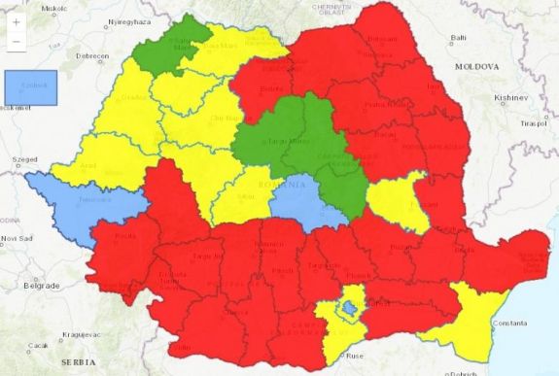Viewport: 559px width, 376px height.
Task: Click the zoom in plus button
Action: [x=16, y=21]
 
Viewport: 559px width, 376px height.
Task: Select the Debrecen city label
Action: [x=93, y=56]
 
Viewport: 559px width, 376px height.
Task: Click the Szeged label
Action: [x=24, y=158]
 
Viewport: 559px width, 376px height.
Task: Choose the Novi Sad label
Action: [x=16, y=238]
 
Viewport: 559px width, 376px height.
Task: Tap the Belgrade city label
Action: [x=42, y=286]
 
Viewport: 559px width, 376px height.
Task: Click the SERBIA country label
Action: [x=78, y=360]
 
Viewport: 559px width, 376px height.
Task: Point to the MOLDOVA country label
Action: [x=474, y=66]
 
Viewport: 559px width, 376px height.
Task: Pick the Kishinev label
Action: [x=509, y=98]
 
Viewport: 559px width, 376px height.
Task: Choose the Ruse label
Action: [x=355, y=355]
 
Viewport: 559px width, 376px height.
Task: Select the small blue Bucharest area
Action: [x=348, y=309]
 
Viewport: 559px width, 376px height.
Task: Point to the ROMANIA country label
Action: [x=288, y=183]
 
